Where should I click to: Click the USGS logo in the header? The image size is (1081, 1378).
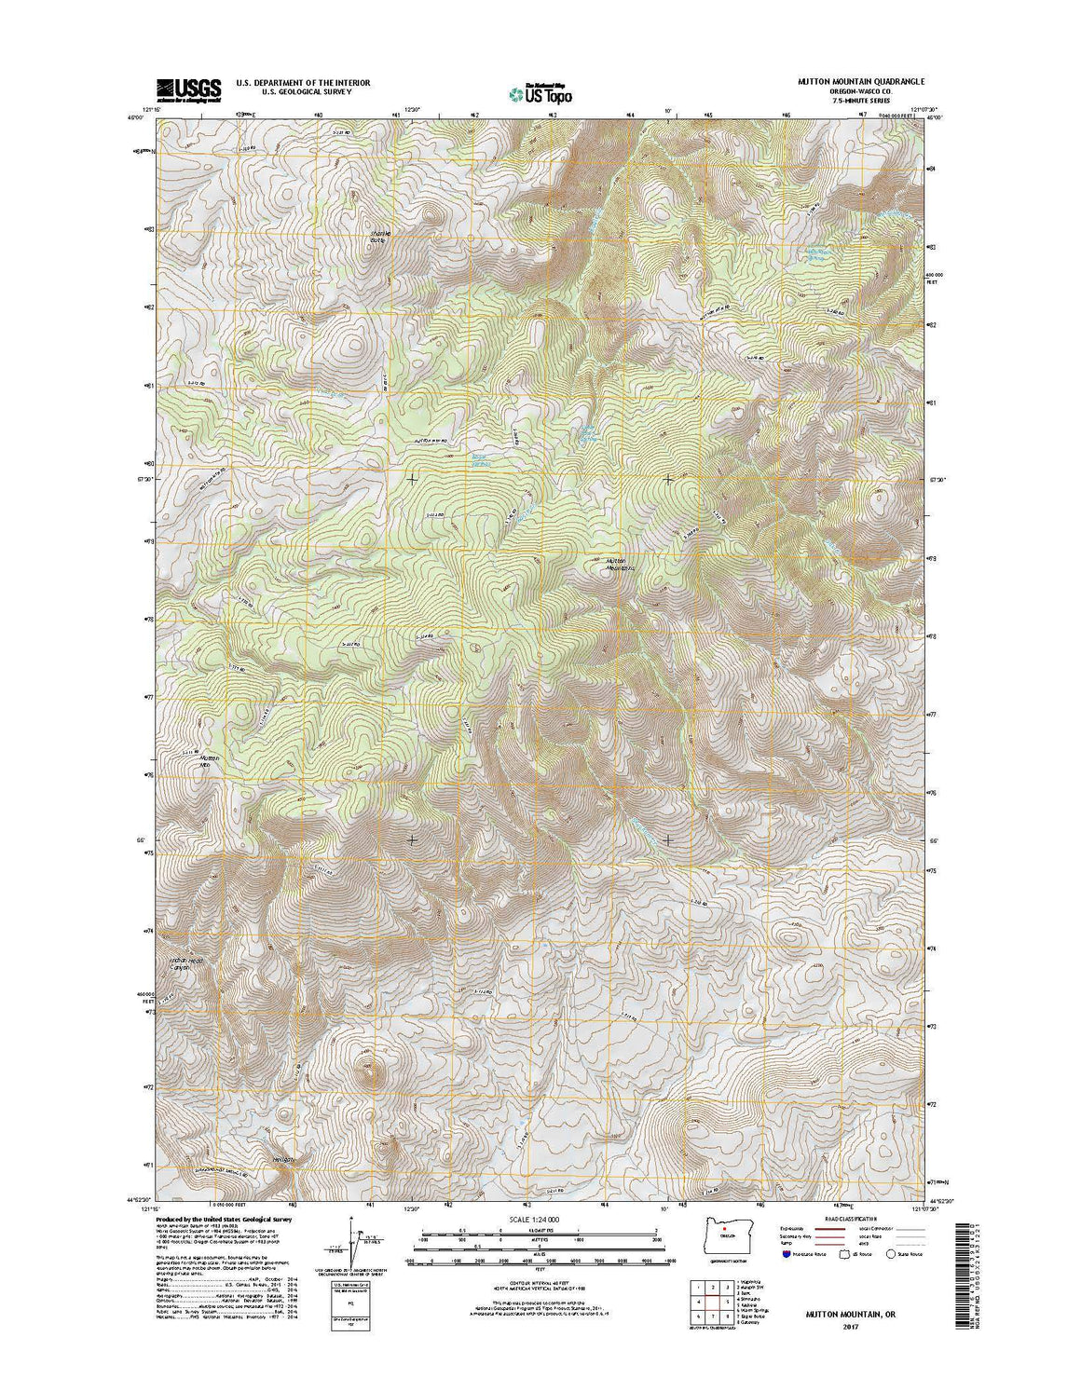[x=189, y=89]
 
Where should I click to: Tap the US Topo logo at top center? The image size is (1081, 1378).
[x=540, y=93]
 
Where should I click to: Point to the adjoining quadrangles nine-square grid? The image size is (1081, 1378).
[x=705, y=1300]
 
